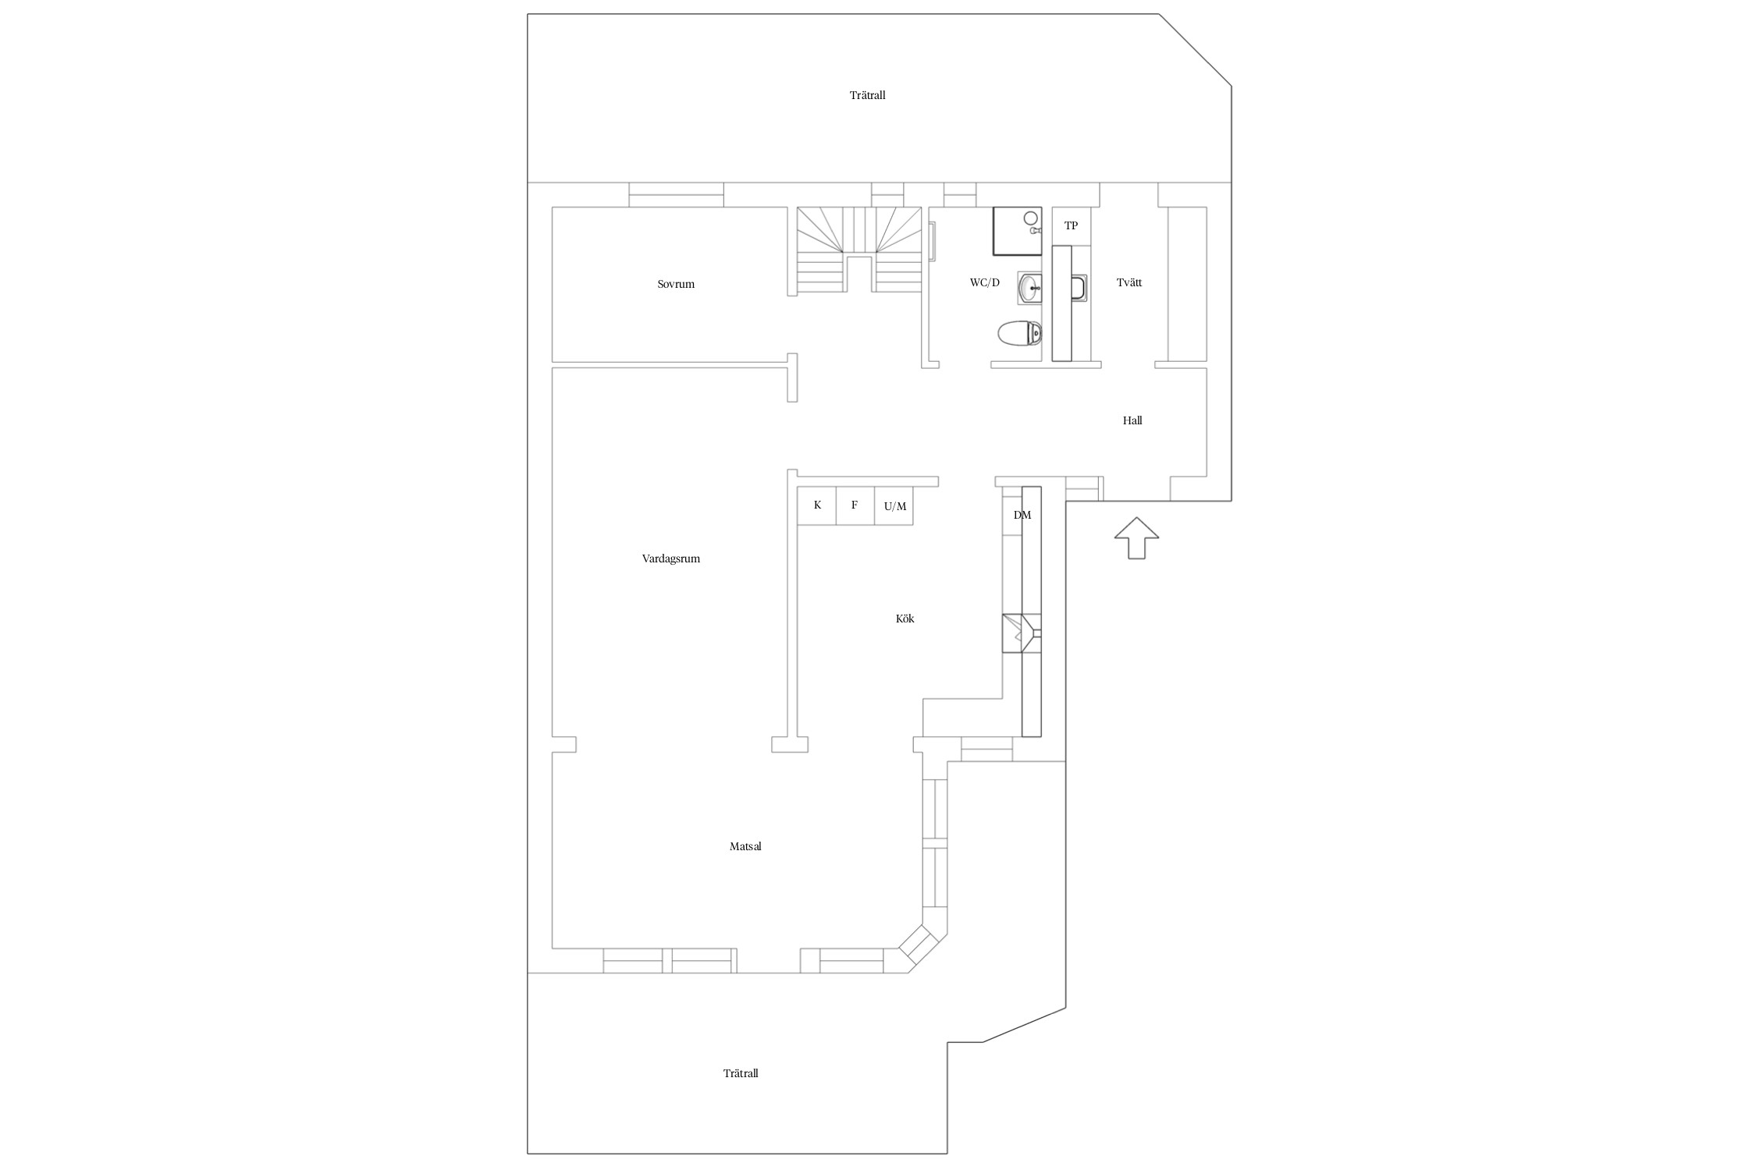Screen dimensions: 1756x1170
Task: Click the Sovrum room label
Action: [x=676, y=284]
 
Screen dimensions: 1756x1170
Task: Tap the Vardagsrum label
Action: [x=671, y=558]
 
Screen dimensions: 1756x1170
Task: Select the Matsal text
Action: [x=745, y=846]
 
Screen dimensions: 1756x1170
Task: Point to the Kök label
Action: [x=905, y=619]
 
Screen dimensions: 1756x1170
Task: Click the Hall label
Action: [x=1132, y=420]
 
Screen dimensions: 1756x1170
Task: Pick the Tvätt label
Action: [x=1129, y=282]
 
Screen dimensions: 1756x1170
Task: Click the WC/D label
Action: [x=985, y=282]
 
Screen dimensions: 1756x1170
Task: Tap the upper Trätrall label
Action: [x=868, y=95]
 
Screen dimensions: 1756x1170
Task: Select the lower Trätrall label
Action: [x=741, y=1073]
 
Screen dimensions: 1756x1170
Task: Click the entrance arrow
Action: [x=1136, y=537]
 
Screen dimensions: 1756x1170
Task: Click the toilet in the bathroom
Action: [x=1019, y=334]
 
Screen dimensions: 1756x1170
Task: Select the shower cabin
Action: [x=1017, y=231]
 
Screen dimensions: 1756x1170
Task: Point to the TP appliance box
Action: [x=1072, y=225]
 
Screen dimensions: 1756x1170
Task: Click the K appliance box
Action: [x=817, y=505]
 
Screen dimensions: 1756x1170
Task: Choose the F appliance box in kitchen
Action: [x=855, y=505]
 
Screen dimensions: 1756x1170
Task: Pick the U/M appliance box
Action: [x=894, y=505]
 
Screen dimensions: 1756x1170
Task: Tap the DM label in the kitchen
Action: [x=1022, y=515]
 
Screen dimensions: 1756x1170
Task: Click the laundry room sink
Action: [x=1079, y=288]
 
